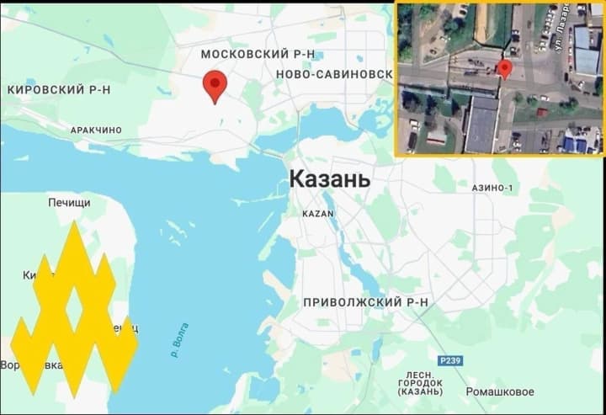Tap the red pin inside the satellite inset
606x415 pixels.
[x=505, y=69]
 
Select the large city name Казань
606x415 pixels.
[x=329, y=179]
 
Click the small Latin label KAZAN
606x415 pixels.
[x=318, y=214]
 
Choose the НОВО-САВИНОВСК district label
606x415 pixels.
[x=333, y=74]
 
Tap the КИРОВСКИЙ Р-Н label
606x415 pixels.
[x=59, y=89]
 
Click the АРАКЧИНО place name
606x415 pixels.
[x=96, y=130]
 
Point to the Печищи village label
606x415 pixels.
[x=69, y=203]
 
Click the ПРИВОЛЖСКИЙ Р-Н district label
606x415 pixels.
[x=366, y=301]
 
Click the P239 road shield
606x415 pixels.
[x=449, y=359]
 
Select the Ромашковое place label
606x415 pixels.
[x=500, y=391]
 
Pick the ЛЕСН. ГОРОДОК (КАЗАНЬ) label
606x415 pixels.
[x=419, y=383]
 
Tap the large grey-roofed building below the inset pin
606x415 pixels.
[x=481, y=124]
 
